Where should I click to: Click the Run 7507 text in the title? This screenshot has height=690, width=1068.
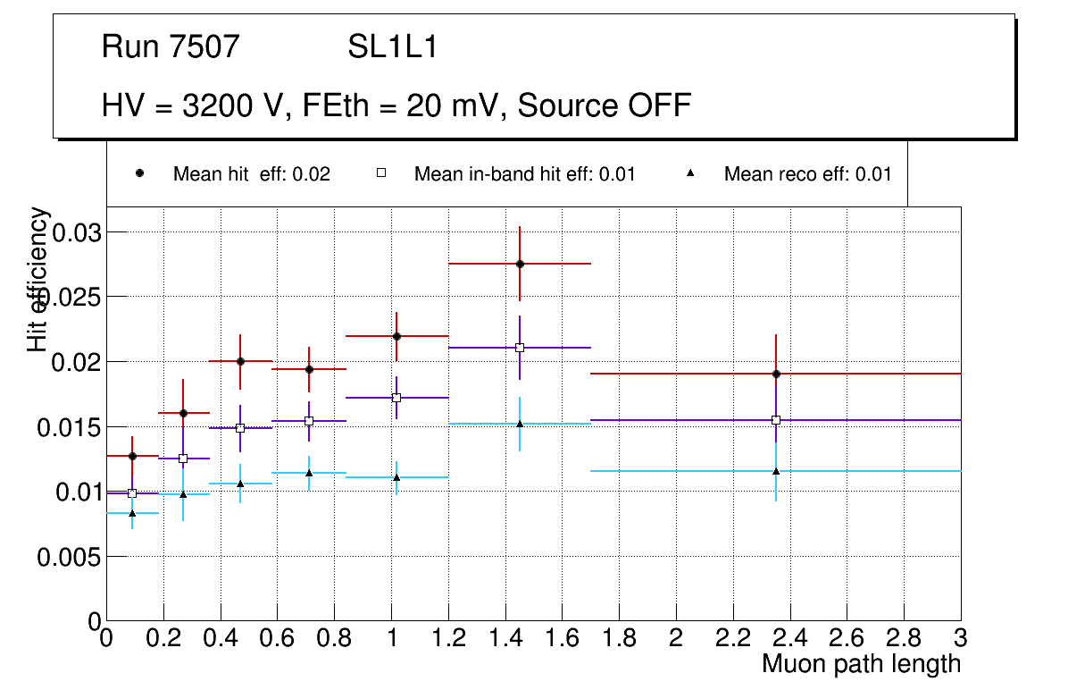pyautogui.click(x=171, y=47)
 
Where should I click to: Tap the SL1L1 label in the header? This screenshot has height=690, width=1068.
pyautogui.click(x=393, y=47)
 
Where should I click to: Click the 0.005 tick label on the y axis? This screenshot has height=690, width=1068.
pyautogui.click(x=68, y=557)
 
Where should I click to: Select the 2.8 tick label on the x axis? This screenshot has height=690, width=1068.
pyautogui.click(x=903, y=638)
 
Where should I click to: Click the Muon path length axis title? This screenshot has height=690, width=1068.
pyautogui.click(x=861, y=664)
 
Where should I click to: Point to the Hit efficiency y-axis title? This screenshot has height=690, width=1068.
pyautogui.click(x=38, y=279)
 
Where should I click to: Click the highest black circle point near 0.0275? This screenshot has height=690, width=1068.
pyautogui.click(x=520, y=264)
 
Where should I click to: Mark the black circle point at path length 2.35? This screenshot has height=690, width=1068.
pyautogui.click(x=776, y=374)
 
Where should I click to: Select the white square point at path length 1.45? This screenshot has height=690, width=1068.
pyautogui.click(x=520, y=348)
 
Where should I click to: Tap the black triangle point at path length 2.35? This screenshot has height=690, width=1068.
pyautogui.click(x=776, y=471)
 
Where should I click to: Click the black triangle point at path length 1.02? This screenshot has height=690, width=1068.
pyautogui.click(x=396, y=477)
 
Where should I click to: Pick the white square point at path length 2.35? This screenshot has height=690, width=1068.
pyautogui.click(x=776, y=420)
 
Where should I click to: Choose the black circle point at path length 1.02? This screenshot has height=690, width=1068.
pyautogui.click(x=396, y=336)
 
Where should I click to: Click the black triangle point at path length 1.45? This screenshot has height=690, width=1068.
pyautogui.click(x=520, y=424)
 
